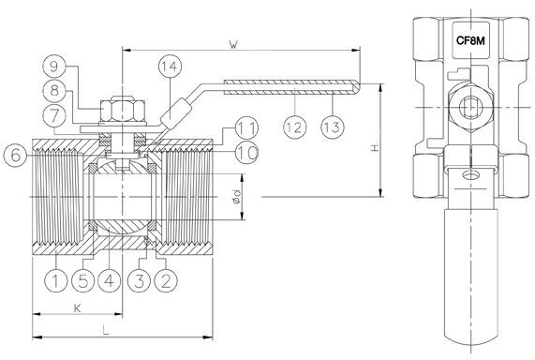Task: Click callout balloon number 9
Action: [54, 67]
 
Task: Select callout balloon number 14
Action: [170, 67]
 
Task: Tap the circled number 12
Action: [294, 127]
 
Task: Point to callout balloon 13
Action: [333, 127]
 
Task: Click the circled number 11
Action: [246, 128]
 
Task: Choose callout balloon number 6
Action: [15, 156]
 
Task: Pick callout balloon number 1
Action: [56, 280]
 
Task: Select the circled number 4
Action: [110, 280]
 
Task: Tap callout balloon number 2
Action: [166, 280]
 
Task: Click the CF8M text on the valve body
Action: [470, 41]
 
